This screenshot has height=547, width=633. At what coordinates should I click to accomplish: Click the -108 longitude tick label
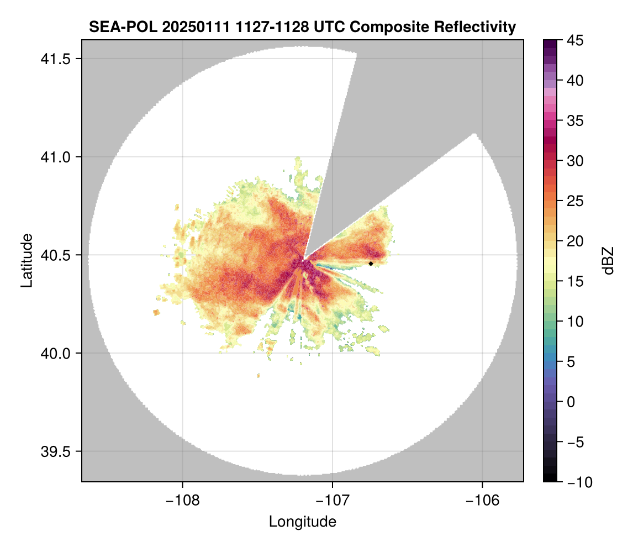tap(182, 501)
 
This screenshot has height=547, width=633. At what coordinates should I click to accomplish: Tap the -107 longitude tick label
tap(333, 501)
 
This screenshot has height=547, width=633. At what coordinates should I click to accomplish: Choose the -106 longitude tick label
tap(483, 501)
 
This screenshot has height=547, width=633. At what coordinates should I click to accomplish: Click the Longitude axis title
tap(302, 522)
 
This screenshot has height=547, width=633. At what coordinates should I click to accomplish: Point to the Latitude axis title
tap(26, 260)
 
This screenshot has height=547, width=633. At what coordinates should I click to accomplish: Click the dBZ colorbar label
tap(608, 261)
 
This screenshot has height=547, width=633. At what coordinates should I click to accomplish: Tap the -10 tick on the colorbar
tap(577, 482)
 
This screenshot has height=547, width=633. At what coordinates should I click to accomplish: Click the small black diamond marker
tap(371, 264)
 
